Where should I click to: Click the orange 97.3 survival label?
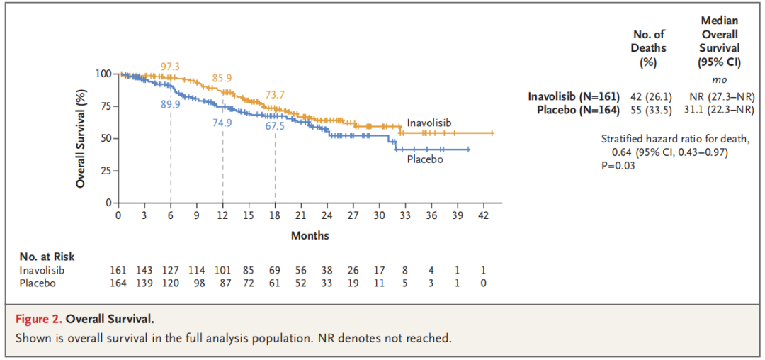click(x=170, y=67)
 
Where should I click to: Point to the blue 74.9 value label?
click(x=222, y=122)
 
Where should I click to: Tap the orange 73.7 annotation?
click(x=276, y=94)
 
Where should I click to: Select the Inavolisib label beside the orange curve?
click(x=429, y=123)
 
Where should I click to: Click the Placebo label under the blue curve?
click(x=425, y=159)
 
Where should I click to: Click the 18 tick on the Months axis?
click(x=275, y=215)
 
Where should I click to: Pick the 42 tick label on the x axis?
click(x=484, y=215)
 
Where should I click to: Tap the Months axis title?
click(x=310, y=235)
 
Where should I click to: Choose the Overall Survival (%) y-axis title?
click(x=81, y=138)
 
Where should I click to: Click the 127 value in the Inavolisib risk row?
click(x=170, y=270)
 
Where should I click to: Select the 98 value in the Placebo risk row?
click(x=196, y=283)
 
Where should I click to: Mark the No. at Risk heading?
click(x=47, y=257)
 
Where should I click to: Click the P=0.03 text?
click(x=618, y=165)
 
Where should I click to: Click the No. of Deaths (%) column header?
click(x=649, y=47)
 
